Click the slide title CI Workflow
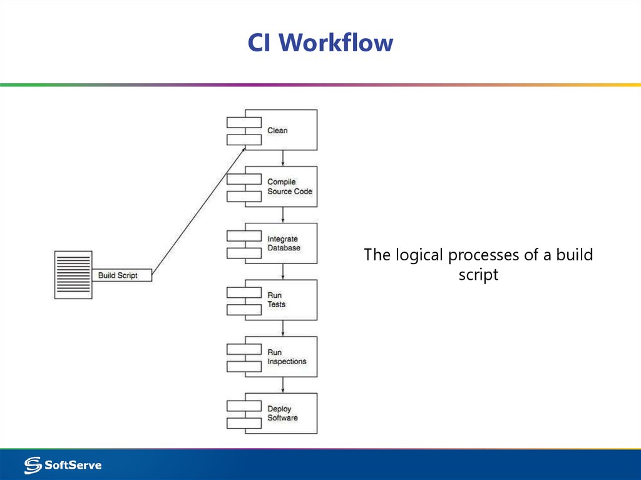(x=320, y=43)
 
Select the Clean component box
(x=281, y=130)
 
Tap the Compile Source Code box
(x=281, y=186)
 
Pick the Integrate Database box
(x=281, y=243)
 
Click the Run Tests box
(x=281, y=300)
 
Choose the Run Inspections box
(x=281, y=357)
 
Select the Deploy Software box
(x=281, y=413)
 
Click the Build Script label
(x=118, y=275)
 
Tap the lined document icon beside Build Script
(x=73, y=275)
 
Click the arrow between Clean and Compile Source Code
(x=283, y=158)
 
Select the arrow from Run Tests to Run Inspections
(x=283, y=328)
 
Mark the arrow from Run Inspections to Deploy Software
(x=283, y=385)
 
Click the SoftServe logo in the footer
(x=63, y=465)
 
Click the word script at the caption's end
(x=478, y=275)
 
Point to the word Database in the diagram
(x=284, y=248)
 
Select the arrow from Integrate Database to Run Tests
(x=283, y=271)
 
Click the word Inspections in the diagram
(x=287, y=362)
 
